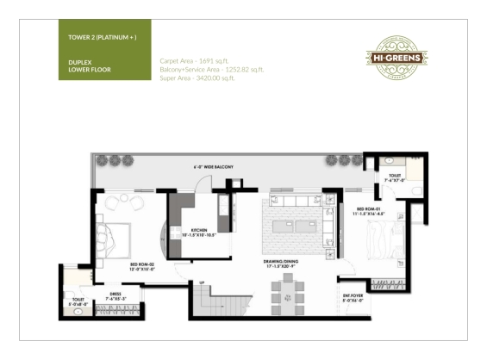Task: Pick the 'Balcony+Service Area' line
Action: coord(210,69)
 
